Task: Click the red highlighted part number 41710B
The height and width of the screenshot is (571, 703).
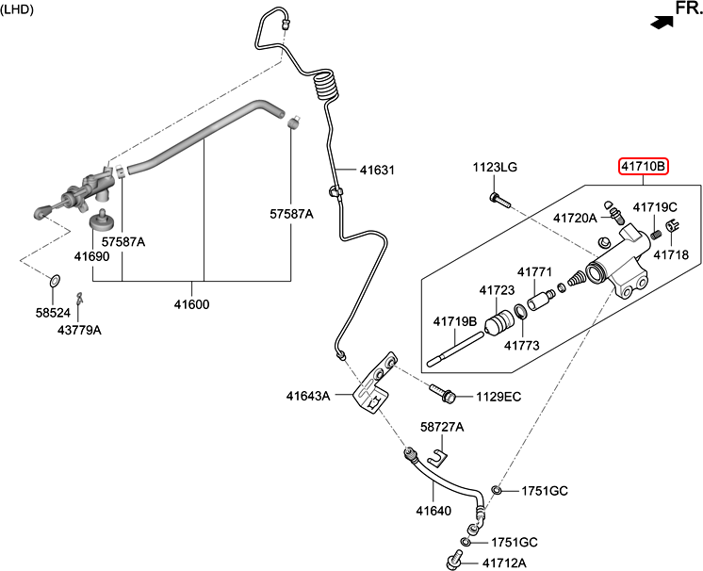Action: [643, 168]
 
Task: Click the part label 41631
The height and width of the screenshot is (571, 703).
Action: [376, 171]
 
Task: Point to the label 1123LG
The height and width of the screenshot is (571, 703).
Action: [495, 168]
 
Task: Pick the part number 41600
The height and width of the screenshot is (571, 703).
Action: [191, 304]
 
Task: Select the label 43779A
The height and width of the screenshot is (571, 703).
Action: [79, 331]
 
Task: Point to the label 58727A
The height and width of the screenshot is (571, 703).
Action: [442, 427]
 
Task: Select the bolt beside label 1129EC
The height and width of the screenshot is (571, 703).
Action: [444, 390]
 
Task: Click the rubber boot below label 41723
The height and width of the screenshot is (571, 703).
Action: [499, 326]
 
